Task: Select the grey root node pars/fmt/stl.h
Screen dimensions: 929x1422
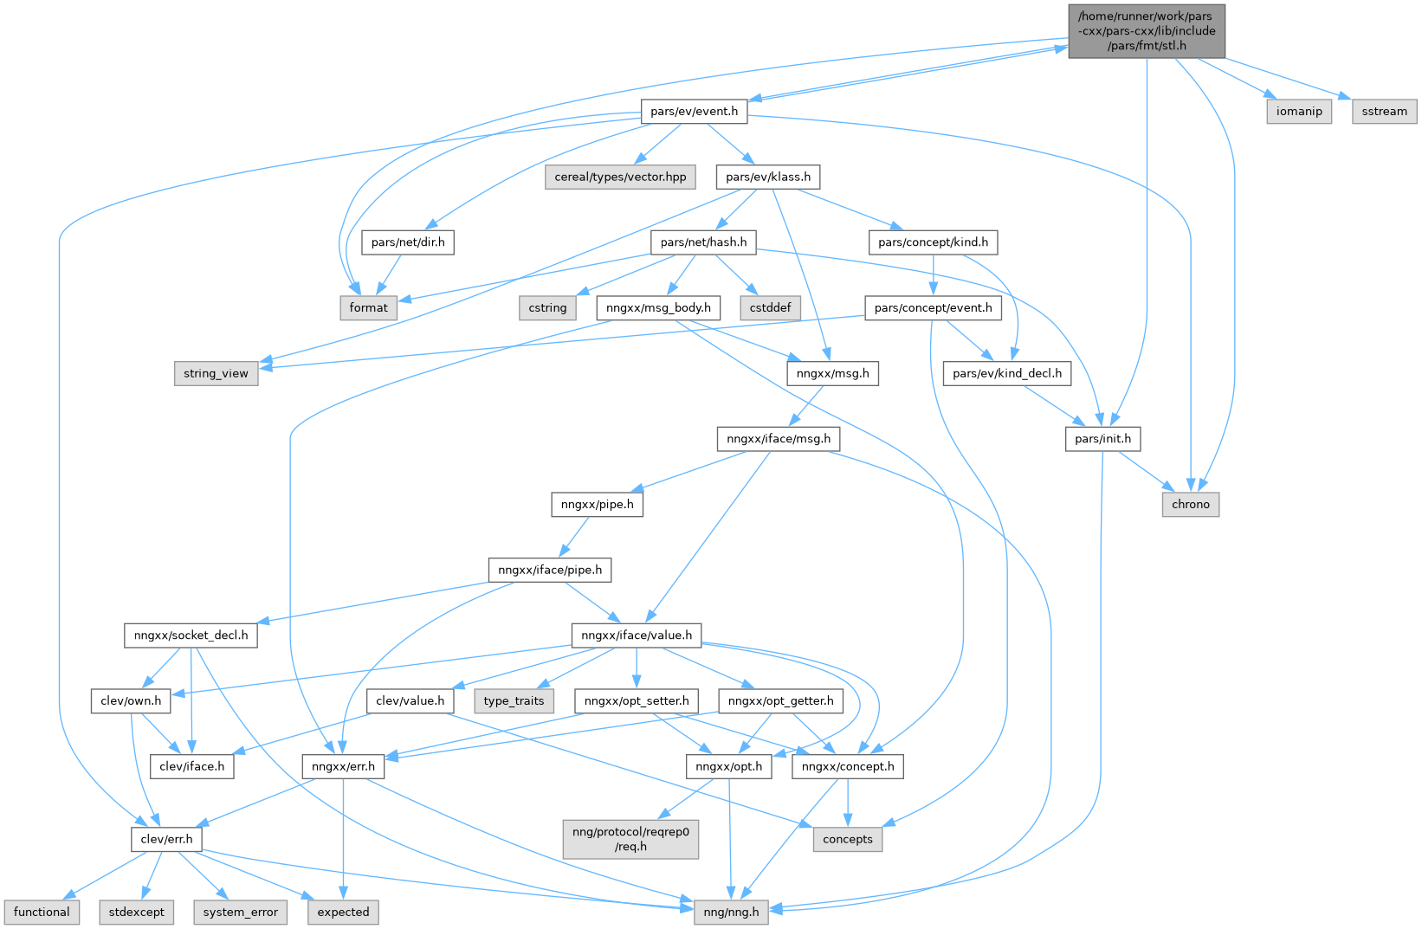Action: pyautogui.click(x=1147, y=31)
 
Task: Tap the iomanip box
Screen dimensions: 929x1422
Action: pyautogui.click(x=1299, y=111)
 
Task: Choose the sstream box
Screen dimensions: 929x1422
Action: pyautogui.click(x=1384, y=111)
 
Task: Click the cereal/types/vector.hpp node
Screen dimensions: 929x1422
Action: pyautogui.click(x=620, y=177)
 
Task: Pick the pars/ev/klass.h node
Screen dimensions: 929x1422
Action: pyautogui.click(x=768, y=177)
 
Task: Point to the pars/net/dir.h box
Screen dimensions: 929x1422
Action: pyautogui.click(x=408, y=242)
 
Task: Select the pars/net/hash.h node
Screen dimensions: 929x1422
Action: pyautogui.click(x=703, y=242)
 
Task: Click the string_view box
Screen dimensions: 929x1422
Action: pyautogui.click(x=216, y=373)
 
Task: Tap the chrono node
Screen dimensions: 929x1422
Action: pyautogui.click(x=1190, y=504)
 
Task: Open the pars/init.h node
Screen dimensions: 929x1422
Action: pyautogui.click(x=1102, y=439)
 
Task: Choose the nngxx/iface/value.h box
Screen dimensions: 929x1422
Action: pyautogui.click(x=637, y=635)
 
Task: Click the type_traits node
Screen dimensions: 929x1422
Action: pyautogui.click(x=514, y=700)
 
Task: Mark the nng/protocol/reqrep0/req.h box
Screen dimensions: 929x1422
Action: pyautogui.click(x=630, y=839)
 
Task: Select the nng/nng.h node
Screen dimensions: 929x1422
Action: pyautogui.click(x=731, y=912)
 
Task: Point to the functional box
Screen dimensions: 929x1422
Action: pyautogui.click(x=42, y=912)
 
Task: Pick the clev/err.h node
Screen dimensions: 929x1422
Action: pyautogui.click(x=166, y=839)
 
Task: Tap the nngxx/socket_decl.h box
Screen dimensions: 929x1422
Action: pyautogui.click(x=191, y=635)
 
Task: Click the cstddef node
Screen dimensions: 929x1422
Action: pyautogui.click(x=770, y=307)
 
